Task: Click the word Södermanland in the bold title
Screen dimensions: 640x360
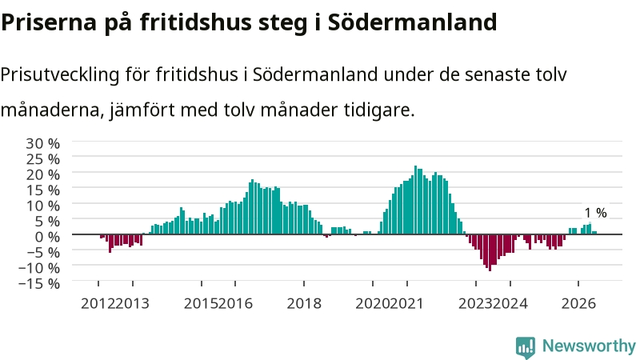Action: tap(412, 22)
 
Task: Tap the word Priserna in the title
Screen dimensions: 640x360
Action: tap(49, 22)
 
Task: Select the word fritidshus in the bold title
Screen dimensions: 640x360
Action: tap(196, 22)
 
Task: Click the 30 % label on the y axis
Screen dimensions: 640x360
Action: tap(43, 143)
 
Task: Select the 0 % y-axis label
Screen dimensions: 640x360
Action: tap(47, 236)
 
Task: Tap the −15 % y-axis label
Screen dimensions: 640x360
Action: tap(39, 283)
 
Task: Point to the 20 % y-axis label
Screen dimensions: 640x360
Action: tap(43, 174)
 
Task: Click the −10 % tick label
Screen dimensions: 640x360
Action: tap(39, 268)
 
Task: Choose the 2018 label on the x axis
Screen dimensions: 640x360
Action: tap(304, 303)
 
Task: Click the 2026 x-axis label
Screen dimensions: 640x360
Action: tap(578, 303)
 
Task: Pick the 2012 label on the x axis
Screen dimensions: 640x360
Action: tap(98, 303)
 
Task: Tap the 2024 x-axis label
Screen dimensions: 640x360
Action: tap(510, 303)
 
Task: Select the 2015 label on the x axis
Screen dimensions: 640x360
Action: tap(202, 303)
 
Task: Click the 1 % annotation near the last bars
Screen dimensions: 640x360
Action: tap(595, 213)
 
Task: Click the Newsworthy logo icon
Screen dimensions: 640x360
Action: tap(526, 347)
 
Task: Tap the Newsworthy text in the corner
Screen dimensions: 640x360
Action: tap(589, 346)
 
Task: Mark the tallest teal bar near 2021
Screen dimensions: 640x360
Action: tap(415, 199)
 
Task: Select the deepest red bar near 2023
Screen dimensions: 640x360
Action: tap(490, 253)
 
